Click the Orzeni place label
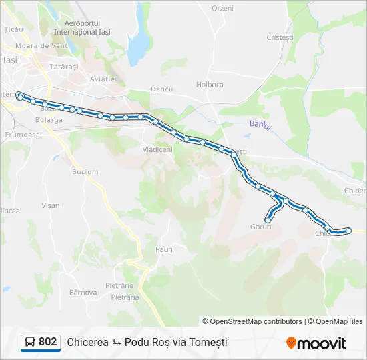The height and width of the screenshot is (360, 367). [x=222, y=8]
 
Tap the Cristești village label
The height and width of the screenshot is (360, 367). [x=280, y=37]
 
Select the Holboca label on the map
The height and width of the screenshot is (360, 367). [x=210, y=85]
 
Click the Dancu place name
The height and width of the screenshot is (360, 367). [x=161, y=89]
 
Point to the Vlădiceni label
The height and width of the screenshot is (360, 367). [x=157, y=149]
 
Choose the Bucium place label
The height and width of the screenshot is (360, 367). [x=85, y=171]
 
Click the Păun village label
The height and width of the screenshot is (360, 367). [x=163, y=249]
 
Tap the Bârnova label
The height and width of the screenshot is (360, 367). [x=83, y=292]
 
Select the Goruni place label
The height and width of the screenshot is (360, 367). [x=262, y=227]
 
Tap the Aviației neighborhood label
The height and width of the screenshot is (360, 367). [x=103, y=79]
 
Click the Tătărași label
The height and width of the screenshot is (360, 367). [x=64, y=67]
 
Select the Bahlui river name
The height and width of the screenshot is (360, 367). [x=260, y=124]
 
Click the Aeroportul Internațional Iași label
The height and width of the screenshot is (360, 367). [x=82, y=27]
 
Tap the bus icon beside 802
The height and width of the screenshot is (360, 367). [x=30, y=343]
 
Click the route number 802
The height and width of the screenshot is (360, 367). [x=48, y=342]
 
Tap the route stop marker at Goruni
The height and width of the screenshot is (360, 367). [x=268, y=219]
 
